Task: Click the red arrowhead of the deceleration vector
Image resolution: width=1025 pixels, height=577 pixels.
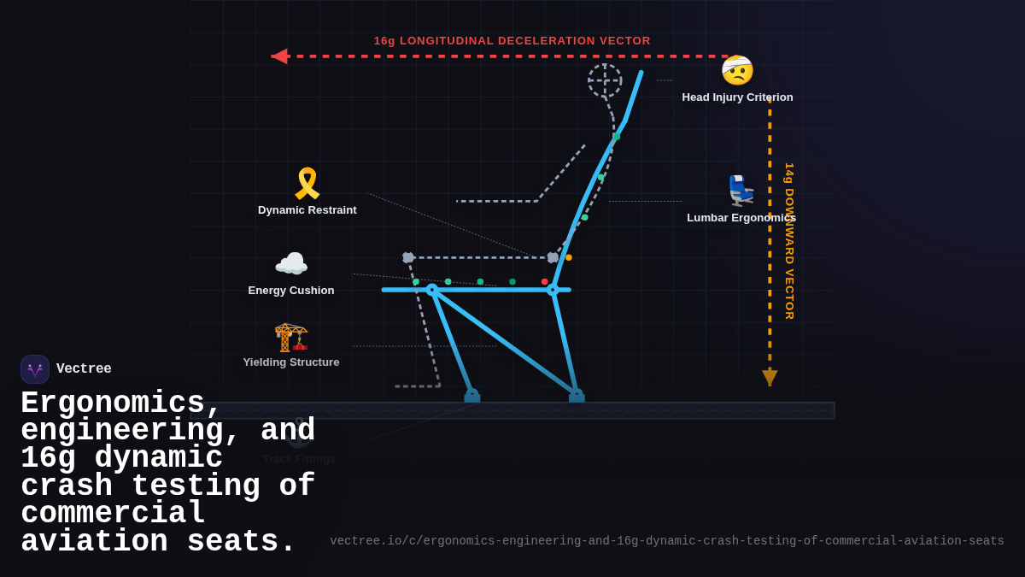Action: click(x=279, y=56)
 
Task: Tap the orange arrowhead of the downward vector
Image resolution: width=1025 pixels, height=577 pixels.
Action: click(x=770, y=377)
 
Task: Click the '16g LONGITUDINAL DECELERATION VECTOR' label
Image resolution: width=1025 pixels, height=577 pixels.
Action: click(x=512, y=41)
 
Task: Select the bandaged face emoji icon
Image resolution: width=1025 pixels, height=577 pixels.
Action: click(x=737, y=71)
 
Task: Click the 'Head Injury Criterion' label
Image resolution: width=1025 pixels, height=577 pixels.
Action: click(x=737, y=97)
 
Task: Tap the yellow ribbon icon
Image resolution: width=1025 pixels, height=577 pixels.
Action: click(x=307, y=184)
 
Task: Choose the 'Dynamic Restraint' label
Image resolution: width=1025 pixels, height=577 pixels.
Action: click(x=307, y=210)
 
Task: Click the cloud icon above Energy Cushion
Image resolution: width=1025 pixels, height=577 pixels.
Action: click(x=291, y=264)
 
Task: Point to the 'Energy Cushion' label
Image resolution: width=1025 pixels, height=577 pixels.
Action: click(x=291, y=291)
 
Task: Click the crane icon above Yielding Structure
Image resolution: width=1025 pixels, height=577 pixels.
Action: click(x=291, y=337)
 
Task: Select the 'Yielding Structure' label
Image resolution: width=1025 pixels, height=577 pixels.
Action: click(x=291, y=362)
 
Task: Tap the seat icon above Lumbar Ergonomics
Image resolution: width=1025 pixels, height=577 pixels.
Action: click(x=740, y=191)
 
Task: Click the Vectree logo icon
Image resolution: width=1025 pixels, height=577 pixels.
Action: click(x=35, y=369)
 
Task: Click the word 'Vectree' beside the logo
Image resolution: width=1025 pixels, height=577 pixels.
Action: click(x=84, y=369)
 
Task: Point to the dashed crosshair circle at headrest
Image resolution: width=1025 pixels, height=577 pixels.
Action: click(x=605, y=80)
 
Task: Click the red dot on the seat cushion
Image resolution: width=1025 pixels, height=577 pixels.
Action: click(x=544, y=281)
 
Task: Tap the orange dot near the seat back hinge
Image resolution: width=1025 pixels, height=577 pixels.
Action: click(x=569, y=257)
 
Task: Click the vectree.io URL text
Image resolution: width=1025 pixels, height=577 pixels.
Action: click(x=666, y=541)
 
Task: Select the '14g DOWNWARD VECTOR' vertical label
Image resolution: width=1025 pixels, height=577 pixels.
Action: click(x=789, y=241)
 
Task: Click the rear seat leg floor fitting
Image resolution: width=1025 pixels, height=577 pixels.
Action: click(x=577, y=397)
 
